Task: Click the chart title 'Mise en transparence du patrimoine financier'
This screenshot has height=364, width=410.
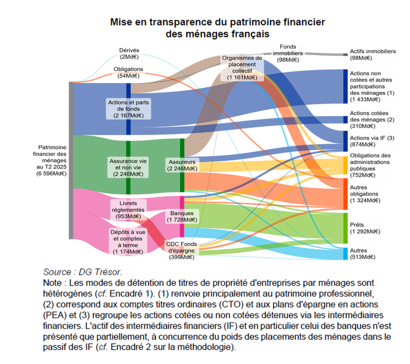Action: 216,22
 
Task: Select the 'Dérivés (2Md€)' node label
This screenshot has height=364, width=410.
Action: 129,53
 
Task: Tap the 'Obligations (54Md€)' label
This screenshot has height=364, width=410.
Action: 128,72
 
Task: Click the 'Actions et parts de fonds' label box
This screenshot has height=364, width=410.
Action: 128,108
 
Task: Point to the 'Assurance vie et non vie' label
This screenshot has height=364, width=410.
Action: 128,167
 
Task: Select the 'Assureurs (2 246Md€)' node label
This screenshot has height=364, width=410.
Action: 182,165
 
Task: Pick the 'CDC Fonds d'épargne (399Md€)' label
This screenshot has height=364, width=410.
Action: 182,250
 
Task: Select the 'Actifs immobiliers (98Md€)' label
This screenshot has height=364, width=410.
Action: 373,55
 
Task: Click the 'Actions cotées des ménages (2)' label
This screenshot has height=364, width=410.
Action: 372,119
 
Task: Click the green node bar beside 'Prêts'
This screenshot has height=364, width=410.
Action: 345,228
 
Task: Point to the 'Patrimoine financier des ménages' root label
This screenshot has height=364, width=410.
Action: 52,160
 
